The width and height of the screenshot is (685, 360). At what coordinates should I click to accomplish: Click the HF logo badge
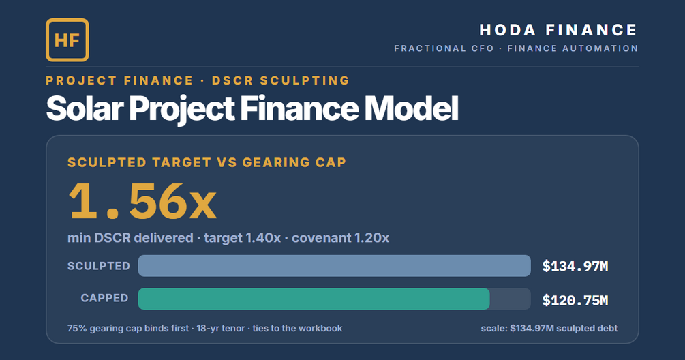(x=67, y=40)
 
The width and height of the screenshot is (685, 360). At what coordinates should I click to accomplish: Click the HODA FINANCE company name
(x=558, y=30)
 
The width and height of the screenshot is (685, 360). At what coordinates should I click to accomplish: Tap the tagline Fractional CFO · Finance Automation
(x=517, y=48)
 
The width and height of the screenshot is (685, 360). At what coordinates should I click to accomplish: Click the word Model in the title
(x=411, y=108)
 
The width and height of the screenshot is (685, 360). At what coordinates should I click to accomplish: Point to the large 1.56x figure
(x=142, y=201)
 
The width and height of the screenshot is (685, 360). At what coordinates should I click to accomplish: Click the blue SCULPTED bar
(x=334, y=266)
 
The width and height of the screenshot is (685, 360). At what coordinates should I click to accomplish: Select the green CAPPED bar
(x=314, y=299)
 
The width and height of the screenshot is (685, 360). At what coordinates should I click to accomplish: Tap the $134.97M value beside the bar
(x=575, y=266)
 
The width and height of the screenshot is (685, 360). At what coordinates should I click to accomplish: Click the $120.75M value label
(x=575, y=300)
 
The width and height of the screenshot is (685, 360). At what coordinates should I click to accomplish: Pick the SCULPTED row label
(x=99, y=266)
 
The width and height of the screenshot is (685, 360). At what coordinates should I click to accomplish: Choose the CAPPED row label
(x=104, y=298)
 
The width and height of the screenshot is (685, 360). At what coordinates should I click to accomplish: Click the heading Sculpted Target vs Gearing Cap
(x=207, y=162)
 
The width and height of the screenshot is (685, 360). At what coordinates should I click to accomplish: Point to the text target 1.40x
(x=243, y=238)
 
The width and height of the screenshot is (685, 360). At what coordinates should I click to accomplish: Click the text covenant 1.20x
(x=340, y=238)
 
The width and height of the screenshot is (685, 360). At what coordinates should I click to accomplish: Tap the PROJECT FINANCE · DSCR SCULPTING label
(x=198, y=80)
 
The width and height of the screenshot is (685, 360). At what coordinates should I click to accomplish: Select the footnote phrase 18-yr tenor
(x=221, y=329)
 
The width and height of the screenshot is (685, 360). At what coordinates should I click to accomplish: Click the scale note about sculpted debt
(x=549, y=329)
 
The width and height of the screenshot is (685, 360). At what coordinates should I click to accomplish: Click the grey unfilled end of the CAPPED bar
(x=511, y=299)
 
